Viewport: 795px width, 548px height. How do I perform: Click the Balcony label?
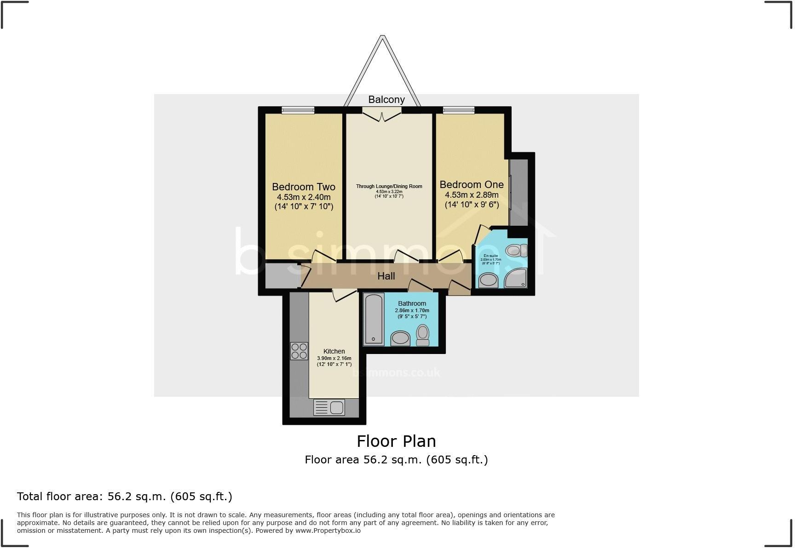386,100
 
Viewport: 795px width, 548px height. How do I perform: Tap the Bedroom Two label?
304,187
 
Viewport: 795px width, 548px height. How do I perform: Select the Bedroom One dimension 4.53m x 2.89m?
472,195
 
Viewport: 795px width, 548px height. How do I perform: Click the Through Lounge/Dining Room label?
389,186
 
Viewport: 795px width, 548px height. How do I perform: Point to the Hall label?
386,276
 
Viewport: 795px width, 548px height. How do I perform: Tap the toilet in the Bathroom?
422,335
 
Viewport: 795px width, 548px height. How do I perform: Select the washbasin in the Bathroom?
400,338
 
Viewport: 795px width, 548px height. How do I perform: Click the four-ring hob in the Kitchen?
299,351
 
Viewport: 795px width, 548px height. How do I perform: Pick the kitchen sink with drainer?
329,407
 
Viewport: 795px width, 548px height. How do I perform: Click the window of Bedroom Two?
298,110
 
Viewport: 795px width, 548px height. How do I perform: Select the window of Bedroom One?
459,110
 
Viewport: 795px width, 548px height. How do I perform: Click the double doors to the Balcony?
381,113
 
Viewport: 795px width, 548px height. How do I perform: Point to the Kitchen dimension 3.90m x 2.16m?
334,358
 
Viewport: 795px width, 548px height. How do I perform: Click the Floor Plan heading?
396,441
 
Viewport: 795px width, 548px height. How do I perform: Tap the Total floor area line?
124,497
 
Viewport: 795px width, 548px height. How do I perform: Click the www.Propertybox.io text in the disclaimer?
328,531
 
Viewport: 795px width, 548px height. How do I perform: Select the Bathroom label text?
412,303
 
